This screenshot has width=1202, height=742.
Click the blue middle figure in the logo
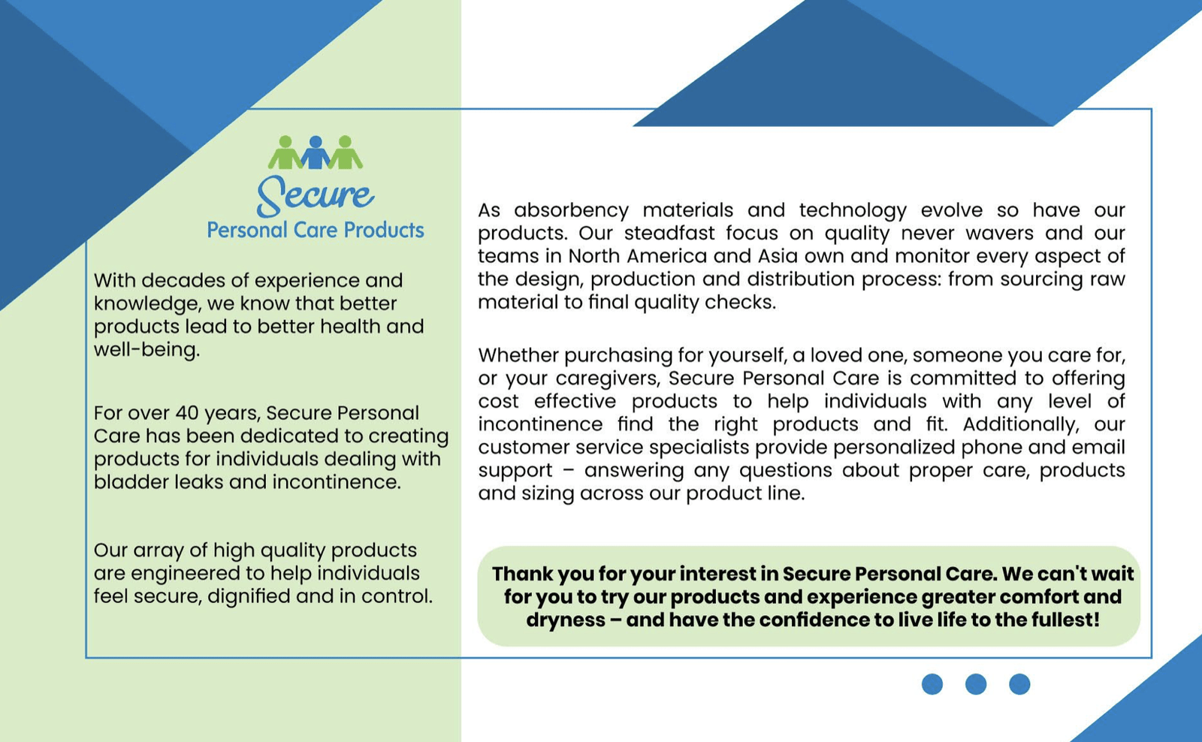(x=316, y=152)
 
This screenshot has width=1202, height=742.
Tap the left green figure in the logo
(x=286, y=152)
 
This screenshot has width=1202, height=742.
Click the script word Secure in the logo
(x=316, y=195)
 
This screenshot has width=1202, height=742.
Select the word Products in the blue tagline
(x=384, y=230)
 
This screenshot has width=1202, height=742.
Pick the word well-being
(x=146, y=350)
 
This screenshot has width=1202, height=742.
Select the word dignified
(x=249, y=596)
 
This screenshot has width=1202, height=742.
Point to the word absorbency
(x=572, y=210)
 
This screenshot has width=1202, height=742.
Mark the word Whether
(x=518, y=355)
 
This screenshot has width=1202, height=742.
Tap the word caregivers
(x=608, y=379)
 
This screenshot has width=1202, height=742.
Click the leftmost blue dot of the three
(x=932, y=684)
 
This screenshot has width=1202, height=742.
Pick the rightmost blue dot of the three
(x=1019, y=684)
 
